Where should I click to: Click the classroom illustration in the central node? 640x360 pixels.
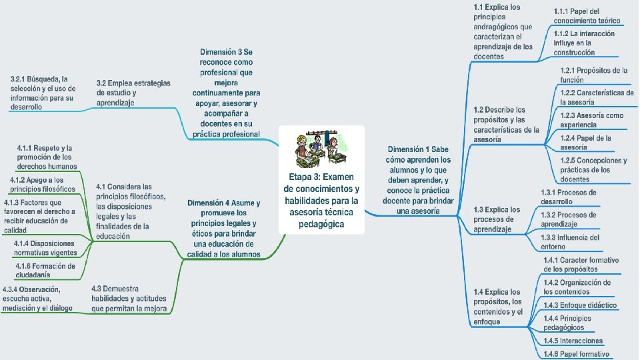pyautogui.click(x=322, y=150)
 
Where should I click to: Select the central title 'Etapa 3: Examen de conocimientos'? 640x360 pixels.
pyautogui.click(x=322, y=200)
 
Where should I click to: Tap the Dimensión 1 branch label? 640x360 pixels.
pyautogui.click(x=419, y=179)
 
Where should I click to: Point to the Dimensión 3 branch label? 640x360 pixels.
pyautogui.click(x=227, y=93)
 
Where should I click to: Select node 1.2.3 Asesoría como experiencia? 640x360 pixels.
pyautogui.click(x=591, y=120)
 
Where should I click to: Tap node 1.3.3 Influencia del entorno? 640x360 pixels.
pyautogui.click(x=570, y=241)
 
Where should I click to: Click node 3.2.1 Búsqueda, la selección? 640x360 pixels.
pyautogui.click(x=43, y=93)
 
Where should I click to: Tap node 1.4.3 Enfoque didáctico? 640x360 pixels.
pyautogui.click(x=579, y=305)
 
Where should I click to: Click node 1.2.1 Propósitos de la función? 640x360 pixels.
pyautogui.click(x=594, y=75)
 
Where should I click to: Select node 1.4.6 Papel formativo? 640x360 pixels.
pyautogui.click(x=576, y=353)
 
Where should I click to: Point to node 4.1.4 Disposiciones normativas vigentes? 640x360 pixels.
pyautogui.click(x=45, y=248)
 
